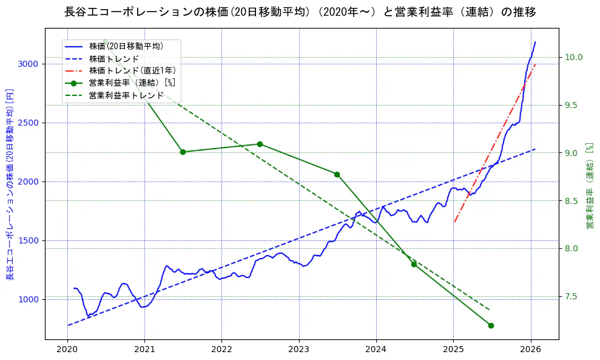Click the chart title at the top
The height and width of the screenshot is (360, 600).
pyautogui.click(x=300, y=12)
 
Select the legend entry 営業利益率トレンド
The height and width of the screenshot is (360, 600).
pyautogui.click(x=126, y=95)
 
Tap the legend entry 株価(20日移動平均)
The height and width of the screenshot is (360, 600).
pyautogui.click(x=126, y=46)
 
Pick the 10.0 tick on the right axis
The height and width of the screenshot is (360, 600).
pyautogui.click(x=574, y=57)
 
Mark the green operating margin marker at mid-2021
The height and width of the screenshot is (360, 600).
pyautogui.click(x=183, y=152)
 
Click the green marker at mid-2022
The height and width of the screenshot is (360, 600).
pyautogui.click(x=260, y=144)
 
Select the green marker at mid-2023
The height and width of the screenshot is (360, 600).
pyautogui.click(x=337, y=174)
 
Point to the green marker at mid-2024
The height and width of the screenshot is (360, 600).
pyautogui.click(x=414, y=264)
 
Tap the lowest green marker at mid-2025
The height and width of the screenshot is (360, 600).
pyautogui.click(x=491, y=325)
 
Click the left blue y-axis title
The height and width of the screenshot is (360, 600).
pyautogui.click(x=10, y=184)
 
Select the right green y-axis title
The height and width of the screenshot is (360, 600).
pyautogui.click(x=589, y=186)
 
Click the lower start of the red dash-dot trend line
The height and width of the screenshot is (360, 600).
pyautogui.click(x=454, y=222)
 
